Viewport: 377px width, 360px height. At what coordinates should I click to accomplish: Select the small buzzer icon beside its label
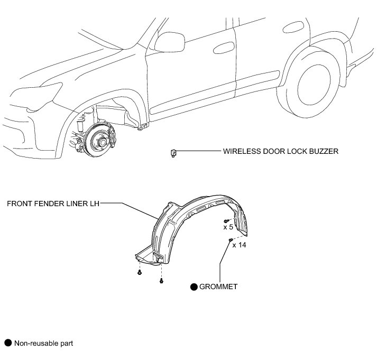pos(172,153)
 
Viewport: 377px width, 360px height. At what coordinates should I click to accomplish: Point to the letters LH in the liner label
pos(94,202)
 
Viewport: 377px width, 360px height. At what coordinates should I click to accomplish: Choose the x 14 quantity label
pos(238,245)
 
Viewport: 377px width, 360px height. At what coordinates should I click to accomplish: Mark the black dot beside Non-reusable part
pos(7,343)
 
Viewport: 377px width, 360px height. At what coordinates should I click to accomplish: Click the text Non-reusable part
pos(43,343)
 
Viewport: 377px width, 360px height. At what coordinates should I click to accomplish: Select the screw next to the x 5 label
pos(226,220)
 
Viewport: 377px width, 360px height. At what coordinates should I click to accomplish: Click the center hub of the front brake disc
pos(99,141)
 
